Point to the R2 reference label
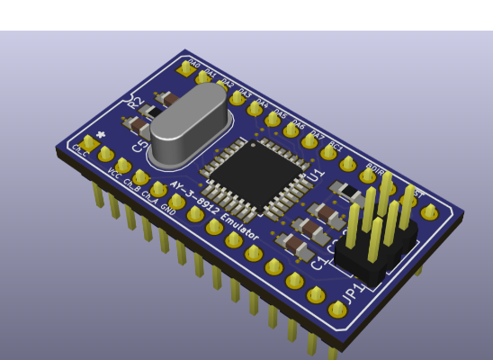tap(135, 103)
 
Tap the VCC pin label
tap(113, 174)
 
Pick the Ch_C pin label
tap(80, 150)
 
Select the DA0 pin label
tap(193, 64)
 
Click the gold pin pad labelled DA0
tap(186, 68)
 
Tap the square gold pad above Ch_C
tap(87, 142)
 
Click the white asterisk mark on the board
tap(101, 135)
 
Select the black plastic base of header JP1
tap(373, 256)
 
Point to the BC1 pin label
tap(336, 145)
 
